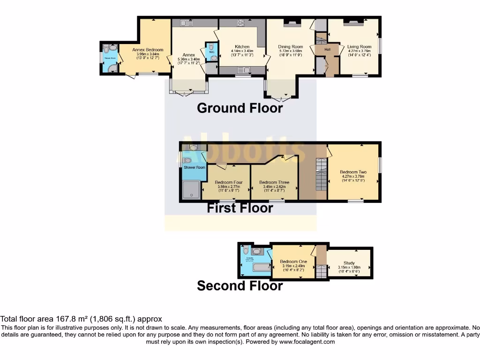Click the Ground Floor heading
(x=240, y=108)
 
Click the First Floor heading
(x=240, y=208)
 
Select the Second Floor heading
(x=240, y=285)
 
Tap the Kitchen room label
(x=242, y=47)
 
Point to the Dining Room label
(x=290, y=47)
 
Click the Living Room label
(x=359, y=47)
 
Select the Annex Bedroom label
(x=147, y=50)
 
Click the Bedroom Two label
(x=353, y=172)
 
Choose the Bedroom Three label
(x=274, y=182)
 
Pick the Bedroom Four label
(x=229, y=182)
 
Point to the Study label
(x=349, y=263)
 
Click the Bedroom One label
(x=293, y=262)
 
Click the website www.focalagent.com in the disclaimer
(x=307, y=342)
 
